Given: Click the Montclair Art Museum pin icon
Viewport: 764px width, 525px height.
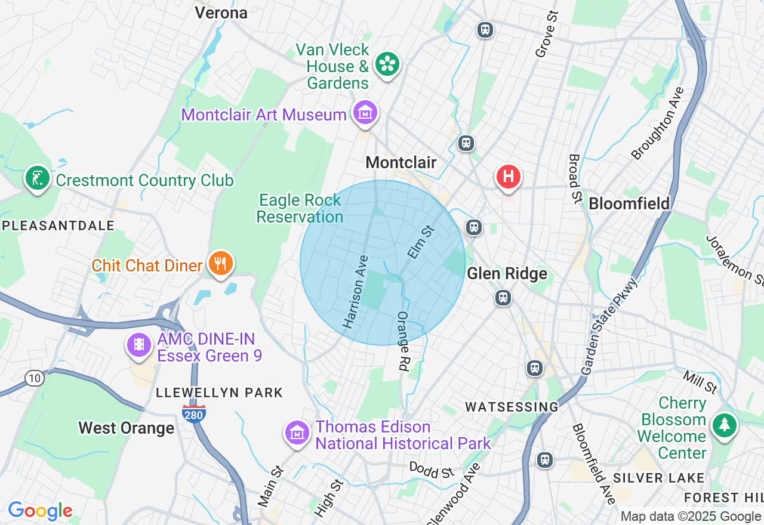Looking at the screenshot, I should click(365, 112).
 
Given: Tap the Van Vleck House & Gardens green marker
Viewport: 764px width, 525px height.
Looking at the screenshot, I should click(387, 63).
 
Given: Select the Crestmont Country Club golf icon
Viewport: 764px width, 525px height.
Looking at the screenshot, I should click(37, 178).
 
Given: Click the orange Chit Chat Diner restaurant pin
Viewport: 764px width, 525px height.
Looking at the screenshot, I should click(220, 263).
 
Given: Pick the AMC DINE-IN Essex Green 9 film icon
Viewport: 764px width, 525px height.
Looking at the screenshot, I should click(139, 345).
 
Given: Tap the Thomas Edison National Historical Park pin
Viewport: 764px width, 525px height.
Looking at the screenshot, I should click(297, 433).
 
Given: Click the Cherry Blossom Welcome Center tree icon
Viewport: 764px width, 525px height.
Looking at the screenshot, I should click(725, 425).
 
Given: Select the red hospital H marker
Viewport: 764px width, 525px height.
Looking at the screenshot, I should click(509, 177).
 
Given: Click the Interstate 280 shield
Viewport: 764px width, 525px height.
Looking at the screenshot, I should click(195, 413).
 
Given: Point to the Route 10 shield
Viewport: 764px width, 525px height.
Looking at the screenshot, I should click(35, 378).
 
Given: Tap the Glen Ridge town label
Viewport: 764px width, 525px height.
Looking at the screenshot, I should click(507, 274).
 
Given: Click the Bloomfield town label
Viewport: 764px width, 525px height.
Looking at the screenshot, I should click(629, 204).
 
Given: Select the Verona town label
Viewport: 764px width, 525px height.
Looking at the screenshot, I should click(221, 13).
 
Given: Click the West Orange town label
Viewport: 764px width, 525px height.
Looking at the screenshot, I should click(127, 428).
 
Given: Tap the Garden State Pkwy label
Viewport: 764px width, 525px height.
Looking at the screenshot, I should click(609, 326).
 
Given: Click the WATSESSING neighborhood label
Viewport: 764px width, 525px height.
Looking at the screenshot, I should click(512, 407).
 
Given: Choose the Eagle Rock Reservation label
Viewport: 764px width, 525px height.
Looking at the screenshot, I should click(300, 208).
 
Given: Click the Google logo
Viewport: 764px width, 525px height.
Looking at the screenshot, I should click(40, 511).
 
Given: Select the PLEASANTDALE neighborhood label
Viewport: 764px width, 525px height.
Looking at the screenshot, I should click(58, 226).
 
